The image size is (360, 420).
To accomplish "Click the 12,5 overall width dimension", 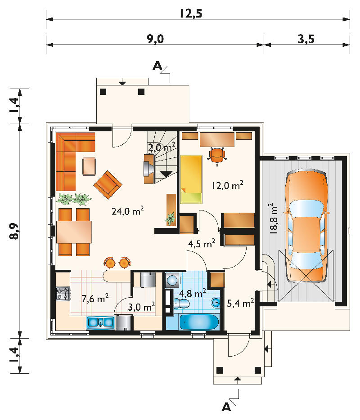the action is [191, 13].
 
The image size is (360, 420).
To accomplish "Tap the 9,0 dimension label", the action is [155, 39].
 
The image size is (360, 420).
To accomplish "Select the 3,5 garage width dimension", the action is [306, 39].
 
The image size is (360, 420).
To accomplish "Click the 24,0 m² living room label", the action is [128, 211].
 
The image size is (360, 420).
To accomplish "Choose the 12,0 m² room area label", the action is [228, 185].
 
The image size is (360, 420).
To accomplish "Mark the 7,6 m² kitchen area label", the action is [95, 298].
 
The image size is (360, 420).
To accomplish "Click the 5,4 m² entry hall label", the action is [240, 303].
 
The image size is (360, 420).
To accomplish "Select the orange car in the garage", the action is [306, 226].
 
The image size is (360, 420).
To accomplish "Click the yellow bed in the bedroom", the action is [191, 179].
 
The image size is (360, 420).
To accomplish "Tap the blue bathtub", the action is [199, 322].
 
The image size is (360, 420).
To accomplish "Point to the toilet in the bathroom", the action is [182, 304].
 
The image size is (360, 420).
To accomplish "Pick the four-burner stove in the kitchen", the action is [63, 293].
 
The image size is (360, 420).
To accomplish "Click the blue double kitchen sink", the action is [101, 322].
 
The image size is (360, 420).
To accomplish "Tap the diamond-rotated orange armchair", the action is [108, 185].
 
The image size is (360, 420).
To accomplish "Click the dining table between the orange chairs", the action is [74, 232].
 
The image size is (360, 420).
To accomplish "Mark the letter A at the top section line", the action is [158, 66].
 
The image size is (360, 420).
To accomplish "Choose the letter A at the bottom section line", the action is [226, 407].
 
